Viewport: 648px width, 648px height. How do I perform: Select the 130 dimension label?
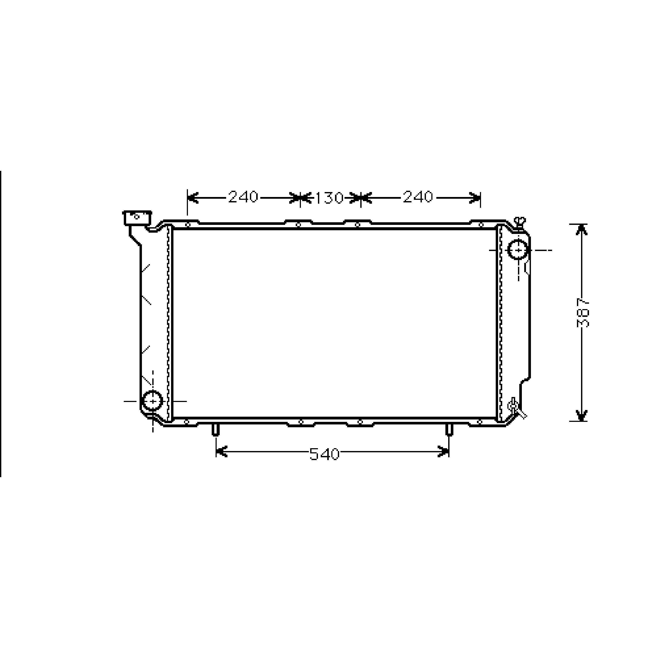pos(329,198)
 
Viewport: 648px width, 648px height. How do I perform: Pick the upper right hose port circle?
pos(518,250)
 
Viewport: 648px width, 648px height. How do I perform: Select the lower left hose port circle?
pos(153,401)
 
